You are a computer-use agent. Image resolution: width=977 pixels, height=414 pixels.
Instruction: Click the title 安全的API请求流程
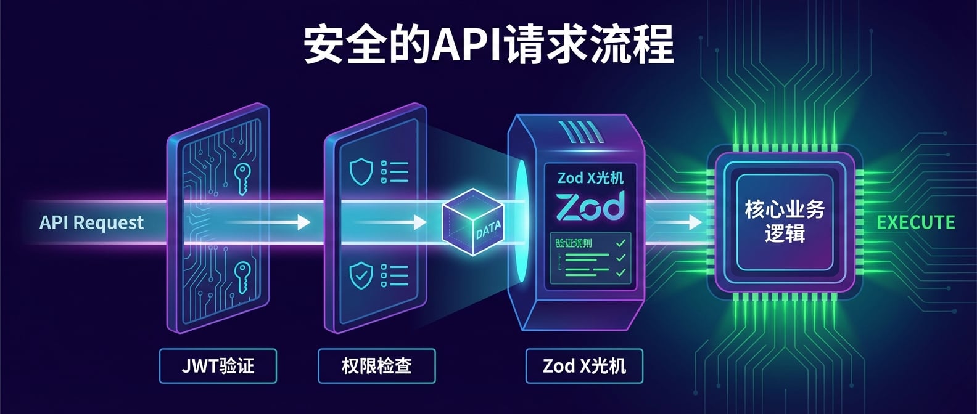click(488, 44)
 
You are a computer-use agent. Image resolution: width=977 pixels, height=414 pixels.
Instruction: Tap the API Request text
click(91, 222)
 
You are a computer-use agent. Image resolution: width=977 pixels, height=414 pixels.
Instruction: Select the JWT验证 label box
click(218, 366)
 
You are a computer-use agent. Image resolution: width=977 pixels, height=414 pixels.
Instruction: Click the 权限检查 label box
click(376, 366)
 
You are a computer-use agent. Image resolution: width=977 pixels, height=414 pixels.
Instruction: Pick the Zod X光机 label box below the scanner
click(584, 366)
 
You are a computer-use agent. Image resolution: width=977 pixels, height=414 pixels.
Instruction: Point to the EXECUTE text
click(916, 222)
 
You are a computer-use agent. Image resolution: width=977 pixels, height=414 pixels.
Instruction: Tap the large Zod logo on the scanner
click(590, 206)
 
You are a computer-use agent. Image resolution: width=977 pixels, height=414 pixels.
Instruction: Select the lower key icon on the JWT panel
click(241, 277)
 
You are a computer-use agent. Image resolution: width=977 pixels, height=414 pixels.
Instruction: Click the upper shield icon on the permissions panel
click(361, 171)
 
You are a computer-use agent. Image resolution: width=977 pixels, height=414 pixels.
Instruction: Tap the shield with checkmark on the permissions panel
click(361, 275)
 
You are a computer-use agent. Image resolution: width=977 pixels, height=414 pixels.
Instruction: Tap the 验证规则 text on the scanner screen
click(574, 243)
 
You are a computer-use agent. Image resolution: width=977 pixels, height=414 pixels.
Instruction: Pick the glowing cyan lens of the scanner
click(521, 222)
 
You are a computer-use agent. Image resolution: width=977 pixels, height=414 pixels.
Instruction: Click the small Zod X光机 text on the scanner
click(590, 178)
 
